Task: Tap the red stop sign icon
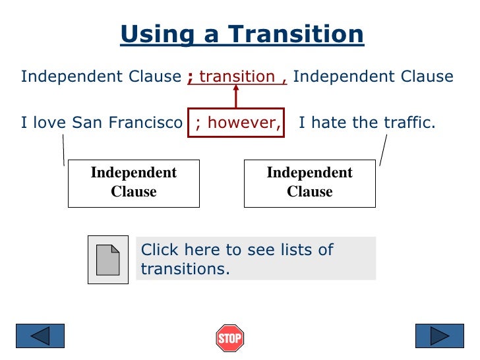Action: point(230,338)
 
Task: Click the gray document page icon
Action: point(108,260)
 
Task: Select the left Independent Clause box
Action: point(134,183)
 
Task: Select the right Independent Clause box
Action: point(310,183)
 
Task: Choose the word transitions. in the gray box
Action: point(185,270)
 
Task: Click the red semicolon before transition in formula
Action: point(190,78)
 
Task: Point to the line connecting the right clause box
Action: point(383,150)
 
